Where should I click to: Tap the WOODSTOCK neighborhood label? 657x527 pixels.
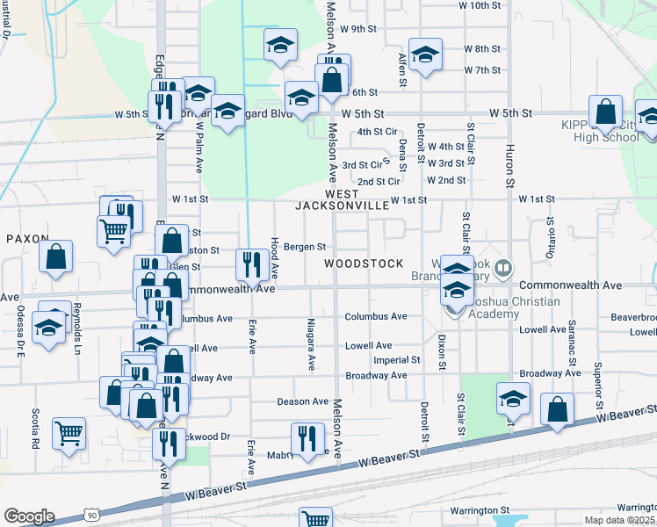(x=364, y=263)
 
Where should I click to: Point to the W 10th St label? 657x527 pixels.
(x=480, y=5)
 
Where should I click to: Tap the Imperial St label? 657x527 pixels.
(x=397, y=360)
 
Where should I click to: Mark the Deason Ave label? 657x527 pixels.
(x=302, y=401)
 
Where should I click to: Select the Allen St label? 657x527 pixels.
(x=403, y=70)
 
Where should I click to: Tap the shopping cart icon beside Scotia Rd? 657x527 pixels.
(x=69, y=432)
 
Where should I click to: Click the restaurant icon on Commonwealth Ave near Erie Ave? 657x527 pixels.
(x=252, y=263)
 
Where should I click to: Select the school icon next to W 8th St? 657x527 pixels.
(x=425, y=54)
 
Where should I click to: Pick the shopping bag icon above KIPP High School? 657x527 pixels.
(x=605, y=112)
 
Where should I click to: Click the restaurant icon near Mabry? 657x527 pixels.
(x=307, y=437)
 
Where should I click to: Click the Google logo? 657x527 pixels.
(x=29, y=516)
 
